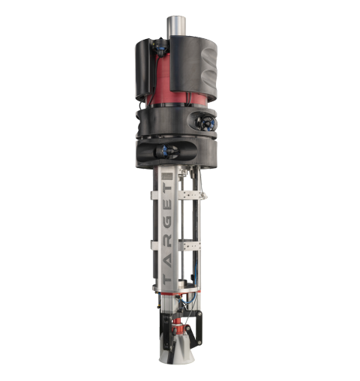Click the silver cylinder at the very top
[176, 26]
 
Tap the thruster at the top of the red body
[160, 47]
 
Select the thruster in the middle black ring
[205, 122]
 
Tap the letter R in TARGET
[167, 240]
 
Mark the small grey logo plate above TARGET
[168, 176]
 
